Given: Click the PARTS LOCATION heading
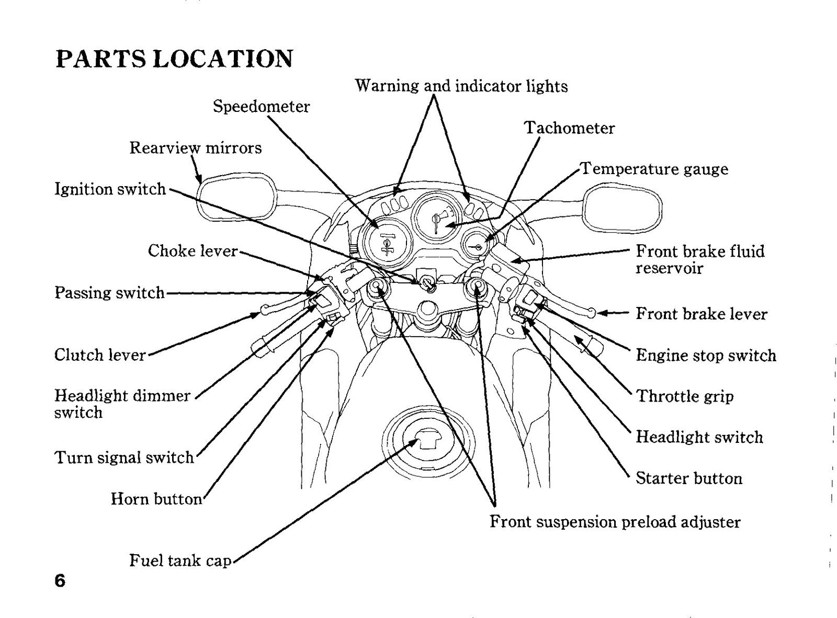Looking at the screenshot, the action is click(174, 59).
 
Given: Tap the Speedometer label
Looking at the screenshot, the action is click(261, 107).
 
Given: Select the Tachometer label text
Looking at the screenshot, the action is click(570, 128).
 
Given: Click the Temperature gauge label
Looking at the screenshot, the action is click(654, 169).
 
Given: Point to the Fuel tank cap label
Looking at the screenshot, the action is click(180, 560).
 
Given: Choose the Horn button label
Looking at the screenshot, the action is click(156, 499).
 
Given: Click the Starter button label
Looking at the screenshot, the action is click(689, 478).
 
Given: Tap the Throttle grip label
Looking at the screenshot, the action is click(685, 396).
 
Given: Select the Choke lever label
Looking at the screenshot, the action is click(193, 251).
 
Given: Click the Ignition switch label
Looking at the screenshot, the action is click(110, 189).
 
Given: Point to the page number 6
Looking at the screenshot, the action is click(60, 581).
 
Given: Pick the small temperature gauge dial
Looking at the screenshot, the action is click(476, 246).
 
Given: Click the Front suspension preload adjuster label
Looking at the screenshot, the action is click(615, 522).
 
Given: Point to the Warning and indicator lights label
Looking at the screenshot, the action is click(461, 86).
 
